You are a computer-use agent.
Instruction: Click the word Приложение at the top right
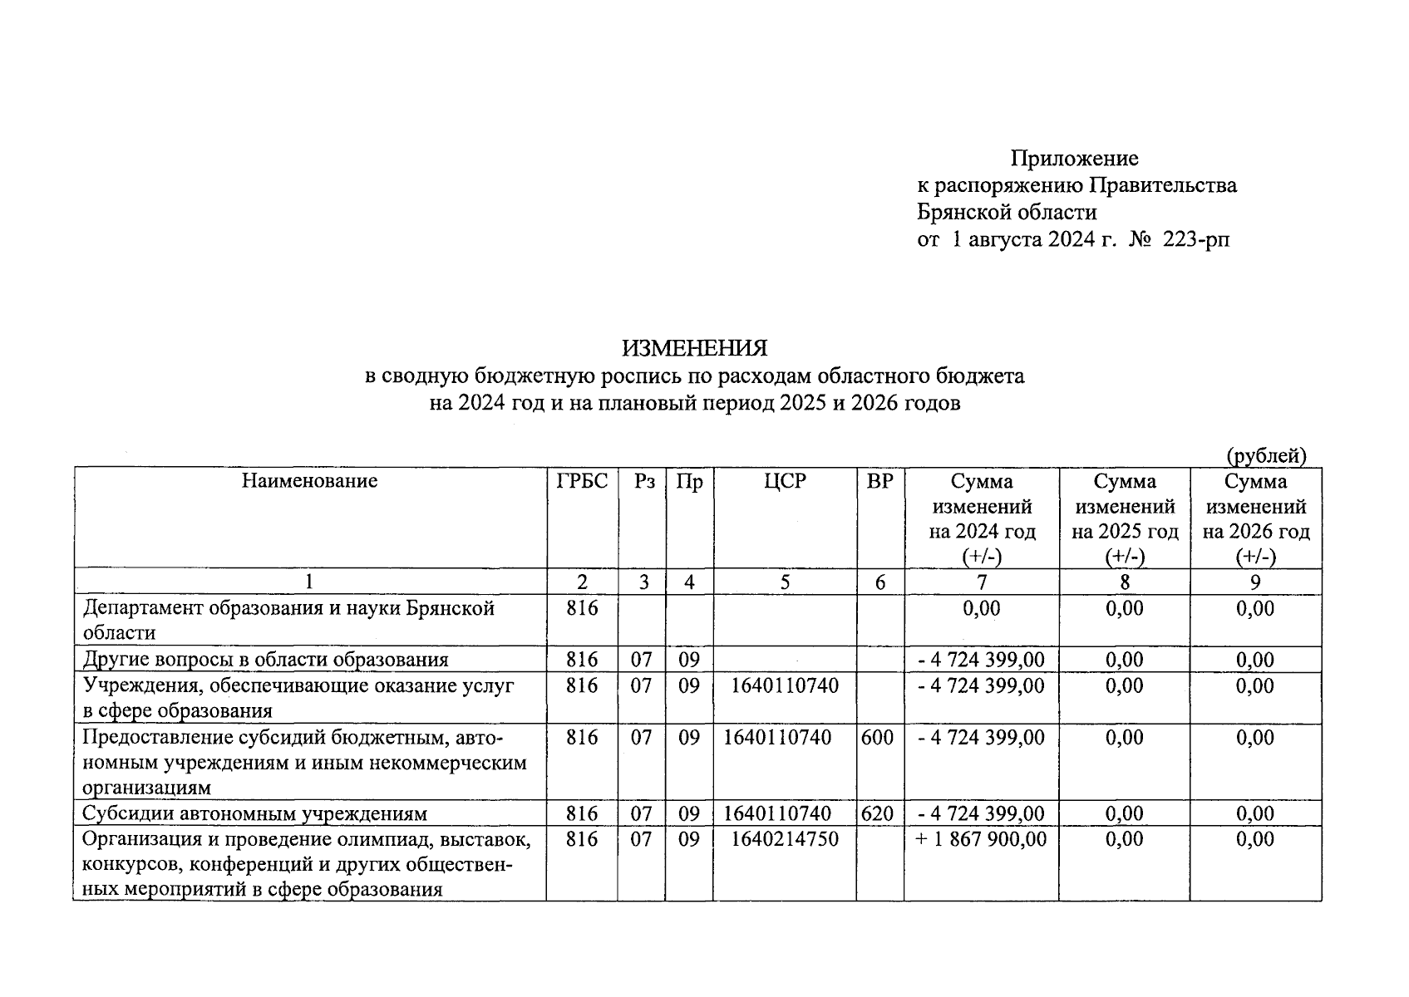[1074, 158]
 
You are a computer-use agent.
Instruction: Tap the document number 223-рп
[1195, 240]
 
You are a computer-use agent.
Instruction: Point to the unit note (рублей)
[1266, 455]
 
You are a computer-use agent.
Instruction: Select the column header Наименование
[309, 481]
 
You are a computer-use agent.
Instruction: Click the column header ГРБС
[582, 481]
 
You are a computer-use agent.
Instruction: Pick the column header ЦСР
[785, 481]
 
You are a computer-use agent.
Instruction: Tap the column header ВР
[879, 481]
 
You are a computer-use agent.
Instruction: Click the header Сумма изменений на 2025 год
[1125, 518]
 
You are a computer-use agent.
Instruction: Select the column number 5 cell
[785, 582]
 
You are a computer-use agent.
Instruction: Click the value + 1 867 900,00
[981, 839]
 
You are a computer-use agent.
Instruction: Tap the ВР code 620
[878, 813]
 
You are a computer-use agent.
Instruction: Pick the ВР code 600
[878, 737]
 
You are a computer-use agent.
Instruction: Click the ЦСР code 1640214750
[785, 839]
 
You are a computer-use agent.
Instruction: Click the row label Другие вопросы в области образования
[265, 660]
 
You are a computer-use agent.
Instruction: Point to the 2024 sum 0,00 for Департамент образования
[981, 608]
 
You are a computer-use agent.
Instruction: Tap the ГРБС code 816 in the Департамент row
[582, 608]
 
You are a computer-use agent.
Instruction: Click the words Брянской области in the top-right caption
[1007, 213]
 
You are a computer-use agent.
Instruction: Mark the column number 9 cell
[1254, 582]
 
